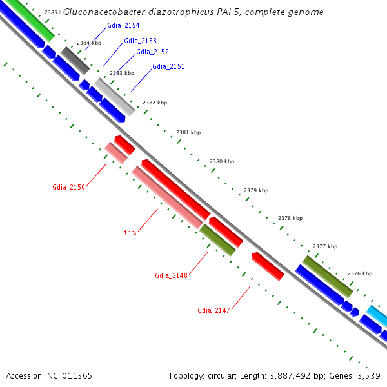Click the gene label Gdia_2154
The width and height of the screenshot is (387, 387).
[x=123, y=25]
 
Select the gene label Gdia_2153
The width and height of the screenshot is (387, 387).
[x=140, y=41]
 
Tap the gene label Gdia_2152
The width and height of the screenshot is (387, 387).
[x=152, y=52]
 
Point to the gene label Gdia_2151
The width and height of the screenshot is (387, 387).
[x=168, y=66]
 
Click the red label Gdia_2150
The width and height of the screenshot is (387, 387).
[x=68, y=187]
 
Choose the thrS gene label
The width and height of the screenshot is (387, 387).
[x=130, y=232]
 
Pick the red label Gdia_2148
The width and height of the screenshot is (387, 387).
[x=171, y=275]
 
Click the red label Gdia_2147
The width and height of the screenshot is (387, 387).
[x=213, y=310]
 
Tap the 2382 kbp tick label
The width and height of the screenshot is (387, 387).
[x=155, y=103]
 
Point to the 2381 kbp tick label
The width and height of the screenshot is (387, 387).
[x=188, y=132]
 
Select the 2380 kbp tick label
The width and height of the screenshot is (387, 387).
[x=222, y=161]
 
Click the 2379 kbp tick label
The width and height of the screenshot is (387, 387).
[x=256, y=190]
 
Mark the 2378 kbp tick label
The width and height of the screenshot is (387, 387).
[x=290, y=218]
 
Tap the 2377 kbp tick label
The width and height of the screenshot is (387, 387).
[x=325, y=246]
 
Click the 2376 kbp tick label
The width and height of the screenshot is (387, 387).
[x=360, y=273]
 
